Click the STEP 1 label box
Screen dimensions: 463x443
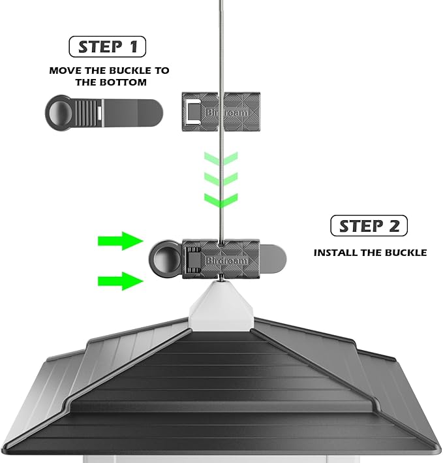point(107,46)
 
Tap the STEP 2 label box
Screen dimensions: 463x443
point(369,226)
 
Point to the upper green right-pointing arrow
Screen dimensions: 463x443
point(120,241)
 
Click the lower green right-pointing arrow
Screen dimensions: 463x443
point(120,281)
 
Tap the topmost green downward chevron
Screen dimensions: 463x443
point(221,159)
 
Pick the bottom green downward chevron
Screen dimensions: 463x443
point(221,199)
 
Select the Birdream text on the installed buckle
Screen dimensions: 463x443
point(224,261)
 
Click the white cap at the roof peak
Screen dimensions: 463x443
point(221,306)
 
